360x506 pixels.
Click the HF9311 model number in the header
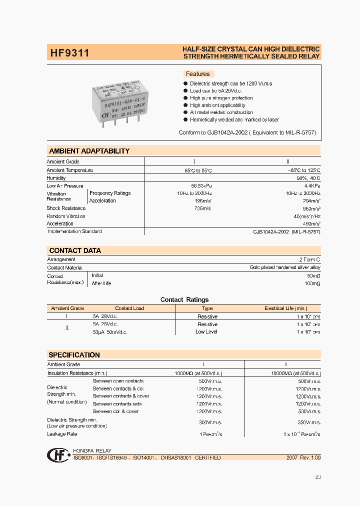click(69, 52)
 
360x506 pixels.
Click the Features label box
click(198, 74)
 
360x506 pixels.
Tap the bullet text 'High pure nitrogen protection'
click(221, 98)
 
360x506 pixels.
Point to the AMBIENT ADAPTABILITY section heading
click(89, 151)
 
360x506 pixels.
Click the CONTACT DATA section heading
click(75, 250)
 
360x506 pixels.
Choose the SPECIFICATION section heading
click(74, 355)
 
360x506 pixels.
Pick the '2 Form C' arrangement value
click(309, 259)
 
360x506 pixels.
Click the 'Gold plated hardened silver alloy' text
click(285, 267)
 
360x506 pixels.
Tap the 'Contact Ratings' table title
click(184, 299)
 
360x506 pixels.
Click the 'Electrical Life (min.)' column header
click(286, 308)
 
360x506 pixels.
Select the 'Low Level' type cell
click(206, 332)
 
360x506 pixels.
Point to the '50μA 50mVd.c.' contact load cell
click(110, 332)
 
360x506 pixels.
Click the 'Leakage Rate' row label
click(62, 434)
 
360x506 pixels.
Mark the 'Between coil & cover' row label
click(115, 411)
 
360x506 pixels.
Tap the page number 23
click(318, 477)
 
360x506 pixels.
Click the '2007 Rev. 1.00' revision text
click(303, 457)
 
